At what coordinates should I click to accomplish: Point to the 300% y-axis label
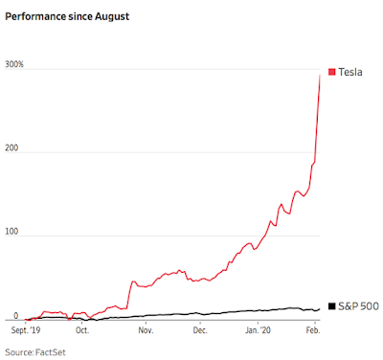(x=14, y=64)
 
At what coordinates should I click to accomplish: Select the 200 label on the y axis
(x=11, y=148)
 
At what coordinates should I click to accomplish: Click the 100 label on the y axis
(x=11, y=232)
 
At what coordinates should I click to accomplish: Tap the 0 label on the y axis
(x=16, y=316)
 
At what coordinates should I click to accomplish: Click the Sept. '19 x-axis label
(x=26, y=330)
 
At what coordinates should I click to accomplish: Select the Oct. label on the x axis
(x=82, y=330)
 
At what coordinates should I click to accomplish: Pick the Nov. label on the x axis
(x=146, y=330)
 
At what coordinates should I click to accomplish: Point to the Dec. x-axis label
(x=200, y=330)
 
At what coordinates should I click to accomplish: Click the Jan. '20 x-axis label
(x=258, y=330)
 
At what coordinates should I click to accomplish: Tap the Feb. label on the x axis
(x=313, y=330)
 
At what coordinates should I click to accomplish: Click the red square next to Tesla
(x=332, y=72)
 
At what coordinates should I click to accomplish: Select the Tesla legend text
(x=350, y=72)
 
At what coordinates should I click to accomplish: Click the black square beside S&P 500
(x=332, y=306)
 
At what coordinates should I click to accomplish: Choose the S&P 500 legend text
(x=359, y=306)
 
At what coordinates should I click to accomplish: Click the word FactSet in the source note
(x=51, y=352)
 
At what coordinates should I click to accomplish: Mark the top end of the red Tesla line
(x=320, y=75)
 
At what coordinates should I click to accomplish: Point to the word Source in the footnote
(x=19, y=352)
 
